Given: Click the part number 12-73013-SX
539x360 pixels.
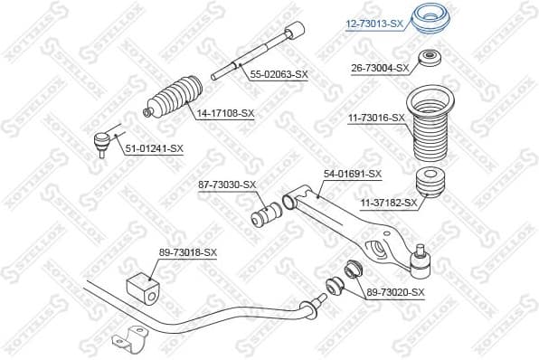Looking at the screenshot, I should (x=373, y=24).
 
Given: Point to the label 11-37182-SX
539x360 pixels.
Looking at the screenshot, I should (x=388, y=203).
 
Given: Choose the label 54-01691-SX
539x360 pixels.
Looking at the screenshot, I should (x=353, y=174).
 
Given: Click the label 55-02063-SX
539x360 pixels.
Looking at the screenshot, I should (x=278, y=75).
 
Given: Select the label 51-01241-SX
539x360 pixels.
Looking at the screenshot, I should (x=154, y=148).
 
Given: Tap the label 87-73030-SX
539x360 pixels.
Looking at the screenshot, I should (x=227, y=185).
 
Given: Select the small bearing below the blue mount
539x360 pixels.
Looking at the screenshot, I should (x=428, y=62).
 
